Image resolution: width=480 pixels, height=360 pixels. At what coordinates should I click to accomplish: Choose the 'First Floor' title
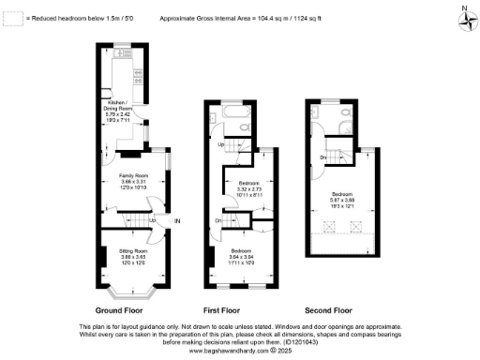pyautogui.click(x=223, y=308)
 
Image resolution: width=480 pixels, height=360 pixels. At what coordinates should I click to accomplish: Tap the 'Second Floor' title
pyautogui.click(x=328, y=308)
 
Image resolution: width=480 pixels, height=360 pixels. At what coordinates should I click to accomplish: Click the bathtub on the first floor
pyautogui.click(x=235, y=119)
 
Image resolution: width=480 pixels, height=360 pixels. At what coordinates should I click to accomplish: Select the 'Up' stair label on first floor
pyautogui.click(x=221, y=144)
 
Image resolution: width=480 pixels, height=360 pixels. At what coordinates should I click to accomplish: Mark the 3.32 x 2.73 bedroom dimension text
pyautogui.click(x=248, y=188)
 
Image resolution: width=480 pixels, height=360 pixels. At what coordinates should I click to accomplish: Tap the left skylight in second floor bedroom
pyautogui.click(x=331, y=224)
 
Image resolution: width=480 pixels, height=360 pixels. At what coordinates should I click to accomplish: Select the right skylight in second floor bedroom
pyautogui.click(x=357, y=224)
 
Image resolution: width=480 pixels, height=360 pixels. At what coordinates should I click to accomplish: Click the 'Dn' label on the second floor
pyautogui.click(x=322, y=157)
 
